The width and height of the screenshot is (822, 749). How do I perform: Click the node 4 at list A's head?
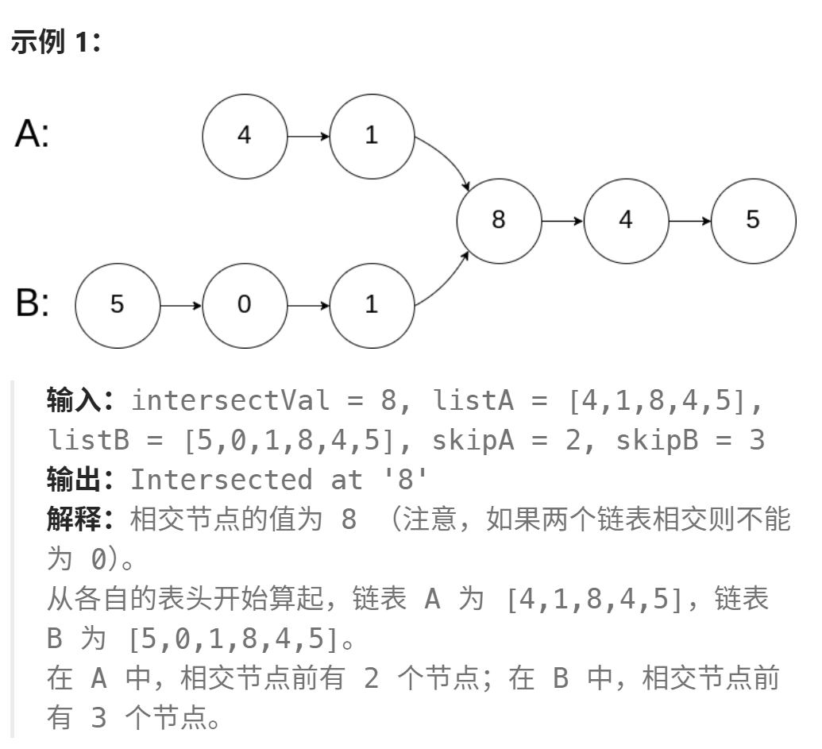pos(244,136)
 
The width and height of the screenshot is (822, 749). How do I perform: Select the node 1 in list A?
pos(372,136)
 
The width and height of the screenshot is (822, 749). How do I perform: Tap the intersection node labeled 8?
pos(499,220)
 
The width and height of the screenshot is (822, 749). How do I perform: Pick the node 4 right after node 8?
pos(626,220)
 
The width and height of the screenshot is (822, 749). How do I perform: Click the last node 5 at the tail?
pos(753,220)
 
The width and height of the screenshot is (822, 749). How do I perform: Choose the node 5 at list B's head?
pos(117,305)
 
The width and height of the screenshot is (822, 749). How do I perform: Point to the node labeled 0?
pos(244,305)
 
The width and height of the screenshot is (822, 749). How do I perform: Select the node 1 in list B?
pos(372,305)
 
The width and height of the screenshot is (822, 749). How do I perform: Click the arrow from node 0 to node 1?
pos(308,305)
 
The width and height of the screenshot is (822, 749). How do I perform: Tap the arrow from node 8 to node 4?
pos(562,220)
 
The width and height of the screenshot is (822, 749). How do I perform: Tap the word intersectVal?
pos(230,400)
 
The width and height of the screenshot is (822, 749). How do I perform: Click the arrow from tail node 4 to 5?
pos(689,220)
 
